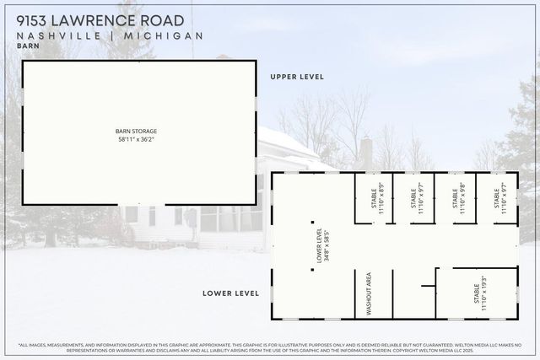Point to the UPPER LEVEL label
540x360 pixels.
click(x=297, y=77)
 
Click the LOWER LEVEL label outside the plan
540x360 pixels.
click(x=230, y=293)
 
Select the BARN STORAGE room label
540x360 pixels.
click(x=137, y=131)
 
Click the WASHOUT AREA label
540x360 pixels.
click(x=368, y=293)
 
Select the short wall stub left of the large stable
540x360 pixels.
click(x=437, y=277)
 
